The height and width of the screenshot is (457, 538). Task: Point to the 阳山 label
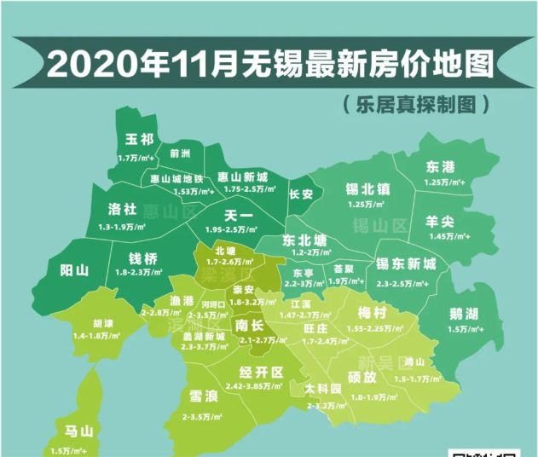74,270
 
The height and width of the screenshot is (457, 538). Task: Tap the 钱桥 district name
142,258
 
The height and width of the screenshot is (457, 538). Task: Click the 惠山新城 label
242,176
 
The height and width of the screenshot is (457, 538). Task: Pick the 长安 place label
301,194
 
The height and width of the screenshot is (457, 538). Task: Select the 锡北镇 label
367,188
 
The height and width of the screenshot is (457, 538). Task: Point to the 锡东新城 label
406,265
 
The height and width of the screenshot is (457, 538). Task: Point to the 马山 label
80,430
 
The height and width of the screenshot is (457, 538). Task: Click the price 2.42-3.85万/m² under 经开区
261,385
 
